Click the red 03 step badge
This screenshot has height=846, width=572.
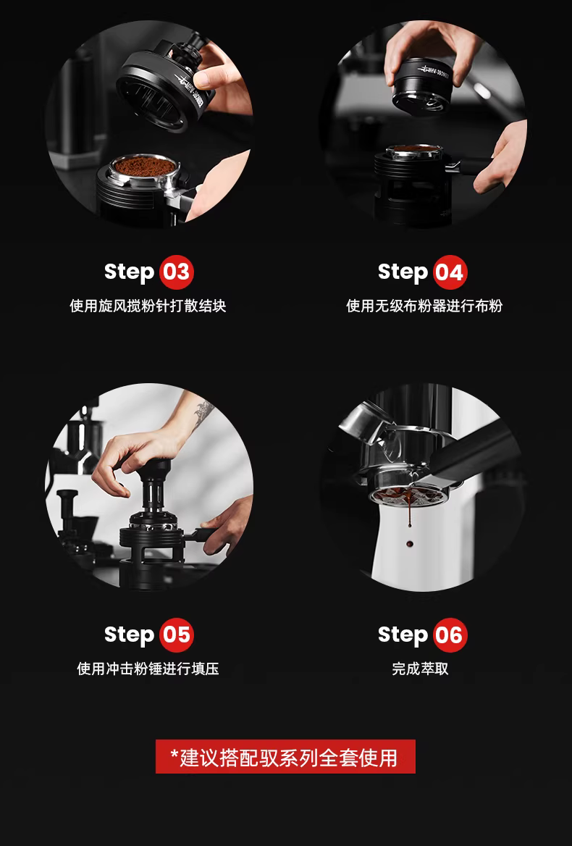pyautogui.click(x=176, y=272)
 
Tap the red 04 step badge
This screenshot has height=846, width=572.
pyautogui.click(x=450, y=272)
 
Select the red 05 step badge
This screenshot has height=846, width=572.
pyautogui.click(x=176, y=635)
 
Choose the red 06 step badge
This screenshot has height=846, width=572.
pyautogui.click(x=450, y=635)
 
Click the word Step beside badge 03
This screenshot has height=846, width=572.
pyautogui.click(x=129, y=272)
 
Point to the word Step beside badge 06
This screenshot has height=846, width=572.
pyautogui.click(x=403, y=635)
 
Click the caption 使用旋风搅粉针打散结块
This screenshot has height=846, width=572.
pyautogui.click(x=148, y=306)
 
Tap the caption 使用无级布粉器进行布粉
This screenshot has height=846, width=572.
pyautogui.click(x=424, y=306)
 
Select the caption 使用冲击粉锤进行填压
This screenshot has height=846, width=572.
pyautogui.click(x=148, y=669)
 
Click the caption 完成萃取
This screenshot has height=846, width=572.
pyautogui.click(x=420, y=669)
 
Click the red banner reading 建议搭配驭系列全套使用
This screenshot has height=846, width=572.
pyautogui.click(x=285, y=756)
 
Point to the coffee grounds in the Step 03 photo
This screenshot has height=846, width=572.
pyautogui.click(x=144, y=167)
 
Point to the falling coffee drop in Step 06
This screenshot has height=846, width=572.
pyautogui.click(x=410, y=543)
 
